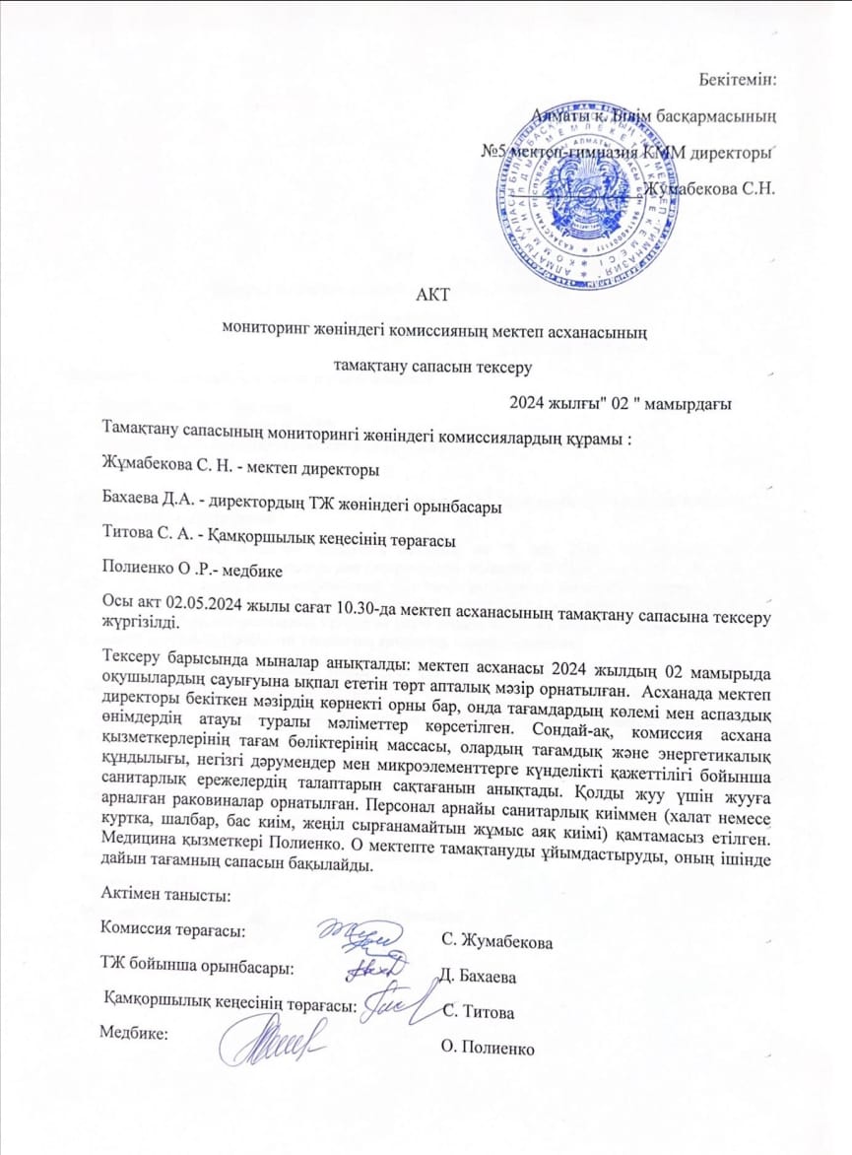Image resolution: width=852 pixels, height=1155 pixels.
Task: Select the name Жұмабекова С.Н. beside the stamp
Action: (710, 188)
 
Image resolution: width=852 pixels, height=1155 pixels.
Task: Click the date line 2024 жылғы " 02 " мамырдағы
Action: (619, 402)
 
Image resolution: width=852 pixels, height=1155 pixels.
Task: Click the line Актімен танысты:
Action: (165, 894)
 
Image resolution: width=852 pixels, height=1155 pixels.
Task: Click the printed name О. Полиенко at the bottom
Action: (490, 1049)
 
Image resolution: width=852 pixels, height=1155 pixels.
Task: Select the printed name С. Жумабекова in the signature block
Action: (498, 942)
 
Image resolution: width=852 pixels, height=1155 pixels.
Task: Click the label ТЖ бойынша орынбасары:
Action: (197, 965)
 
